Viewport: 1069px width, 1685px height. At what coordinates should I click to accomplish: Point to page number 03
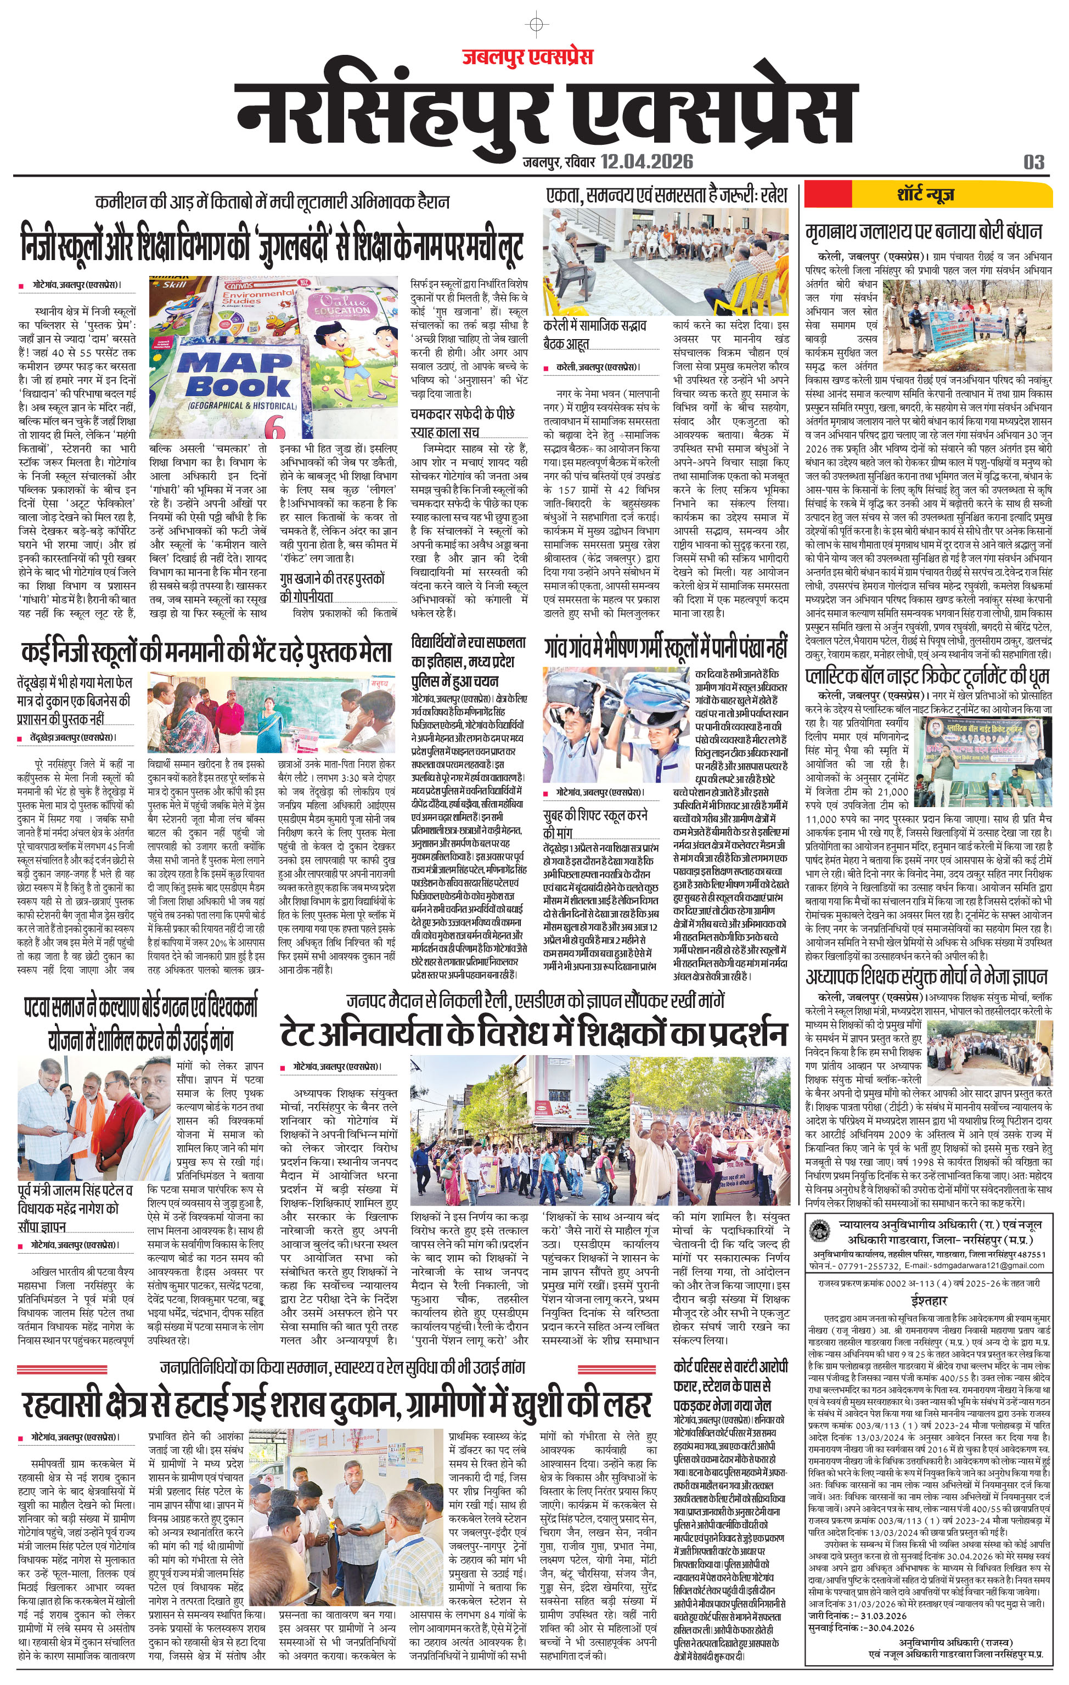tap(1033, 162)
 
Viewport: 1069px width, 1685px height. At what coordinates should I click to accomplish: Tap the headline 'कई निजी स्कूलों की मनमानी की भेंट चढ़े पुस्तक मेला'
tap(206, 652)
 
